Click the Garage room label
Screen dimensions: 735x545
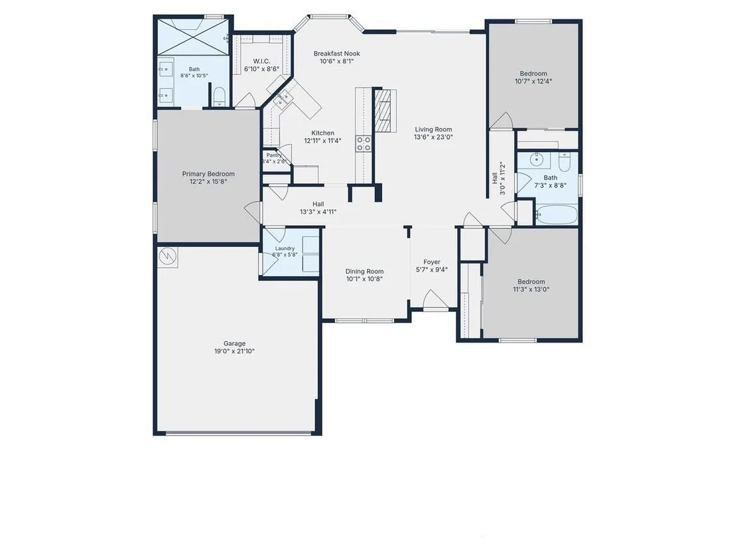click(234, 343)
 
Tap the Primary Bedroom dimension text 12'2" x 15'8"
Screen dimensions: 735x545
click(208, 181)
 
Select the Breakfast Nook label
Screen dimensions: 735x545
click(337, 54)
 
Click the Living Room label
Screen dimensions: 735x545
click(434, 129)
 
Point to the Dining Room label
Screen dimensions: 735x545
click(365, 271)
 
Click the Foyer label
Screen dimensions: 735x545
click(432, 262)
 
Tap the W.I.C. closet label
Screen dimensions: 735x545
click(261, 61)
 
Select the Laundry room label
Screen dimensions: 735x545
click(285, 248)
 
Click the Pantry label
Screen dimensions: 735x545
click(274, 155)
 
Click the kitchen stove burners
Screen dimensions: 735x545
click(364, 143)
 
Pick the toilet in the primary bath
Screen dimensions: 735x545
click(220, 96)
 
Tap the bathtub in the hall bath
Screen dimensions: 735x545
click(557, 215)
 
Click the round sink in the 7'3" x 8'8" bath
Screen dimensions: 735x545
click(537, 160)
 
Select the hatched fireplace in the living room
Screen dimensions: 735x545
click(384, 111)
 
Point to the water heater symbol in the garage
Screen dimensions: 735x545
click(168, 256)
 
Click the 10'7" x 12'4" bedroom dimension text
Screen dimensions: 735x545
click(533, 81)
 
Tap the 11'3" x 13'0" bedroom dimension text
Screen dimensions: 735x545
click(531, 289)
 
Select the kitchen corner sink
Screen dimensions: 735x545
click(283, 100)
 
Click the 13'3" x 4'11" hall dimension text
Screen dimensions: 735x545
click(318, 212)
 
